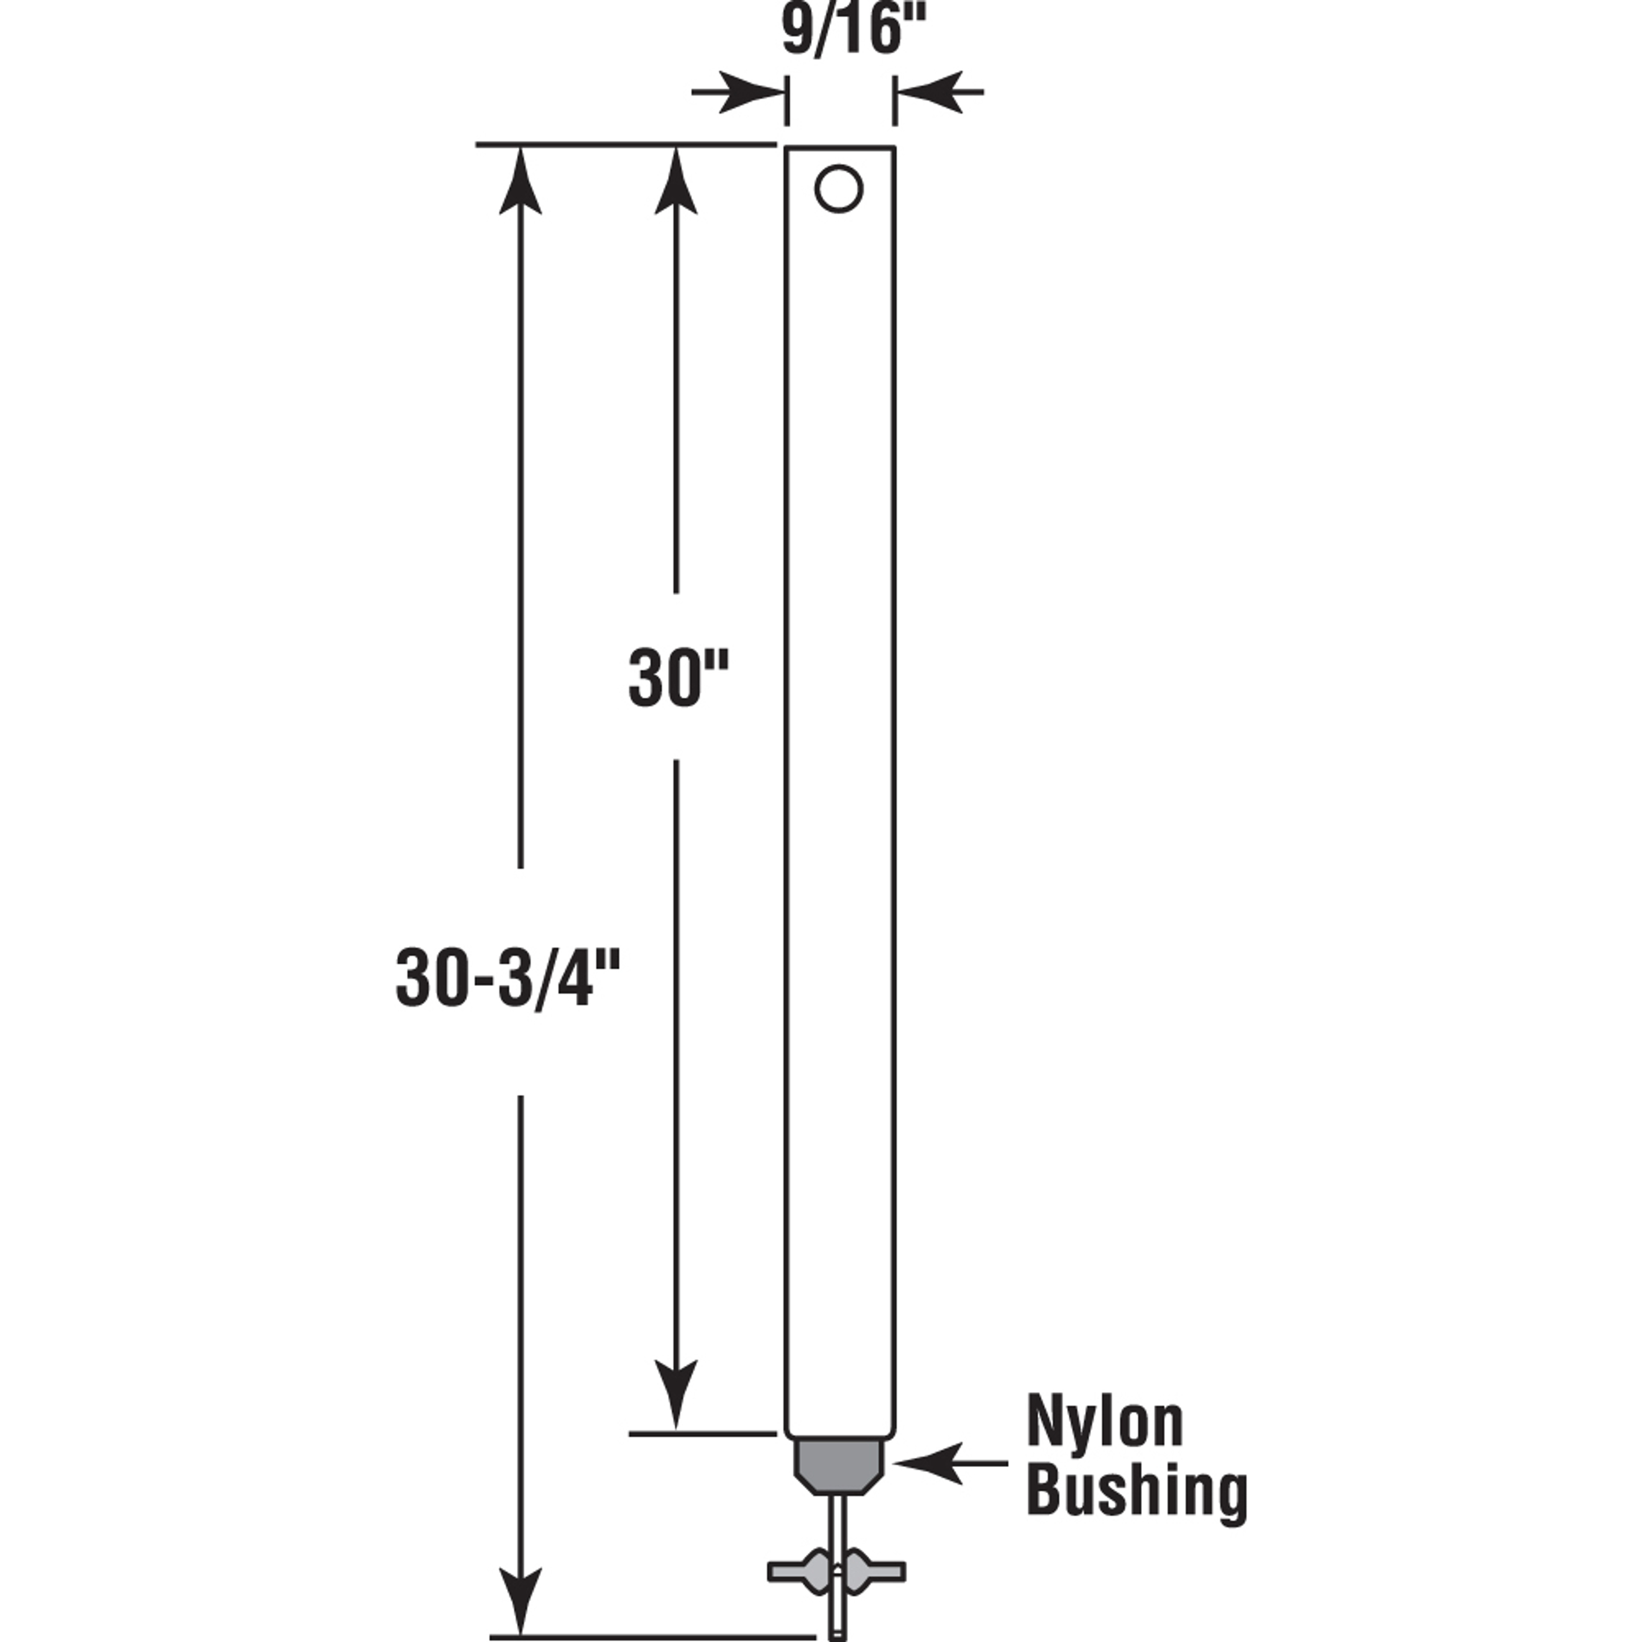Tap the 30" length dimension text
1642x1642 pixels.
click(x=678, y=677)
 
